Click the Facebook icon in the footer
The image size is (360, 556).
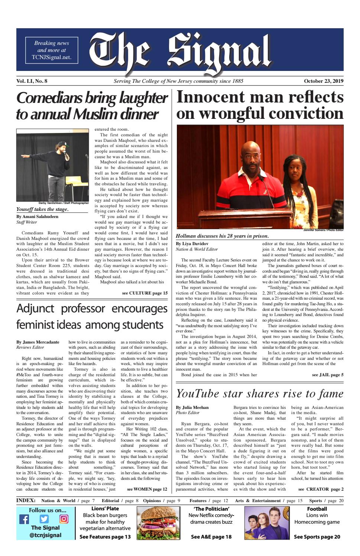[24, 519]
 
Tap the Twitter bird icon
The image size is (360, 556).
[44, 519]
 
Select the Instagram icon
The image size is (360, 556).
[64, 519]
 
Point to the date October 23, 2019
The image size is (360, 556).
[324, 81]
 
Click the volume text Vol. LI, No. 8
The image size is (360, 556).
[32, 81]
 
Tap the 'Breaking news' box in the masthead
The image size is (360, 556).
[52, 50]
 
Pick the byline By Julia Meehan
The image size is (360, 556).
[192, 407]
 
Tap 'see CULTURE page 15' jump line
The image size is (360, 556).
[145, 293]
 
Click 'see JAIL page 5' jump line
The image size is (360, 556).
[328, 375]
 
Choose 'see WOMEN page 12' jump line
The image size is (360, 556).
[147, 489]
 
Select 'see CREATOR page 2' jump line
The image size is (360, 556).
[321, 489]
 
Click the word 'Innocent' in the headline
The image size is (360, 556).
[211, 97]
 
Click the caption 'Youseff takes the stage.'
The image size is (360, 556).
[42, 209]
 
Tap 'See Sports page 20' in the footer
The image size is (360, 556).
[317, 537]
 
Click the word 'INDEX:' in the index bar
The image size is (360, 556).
[26, 501]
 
